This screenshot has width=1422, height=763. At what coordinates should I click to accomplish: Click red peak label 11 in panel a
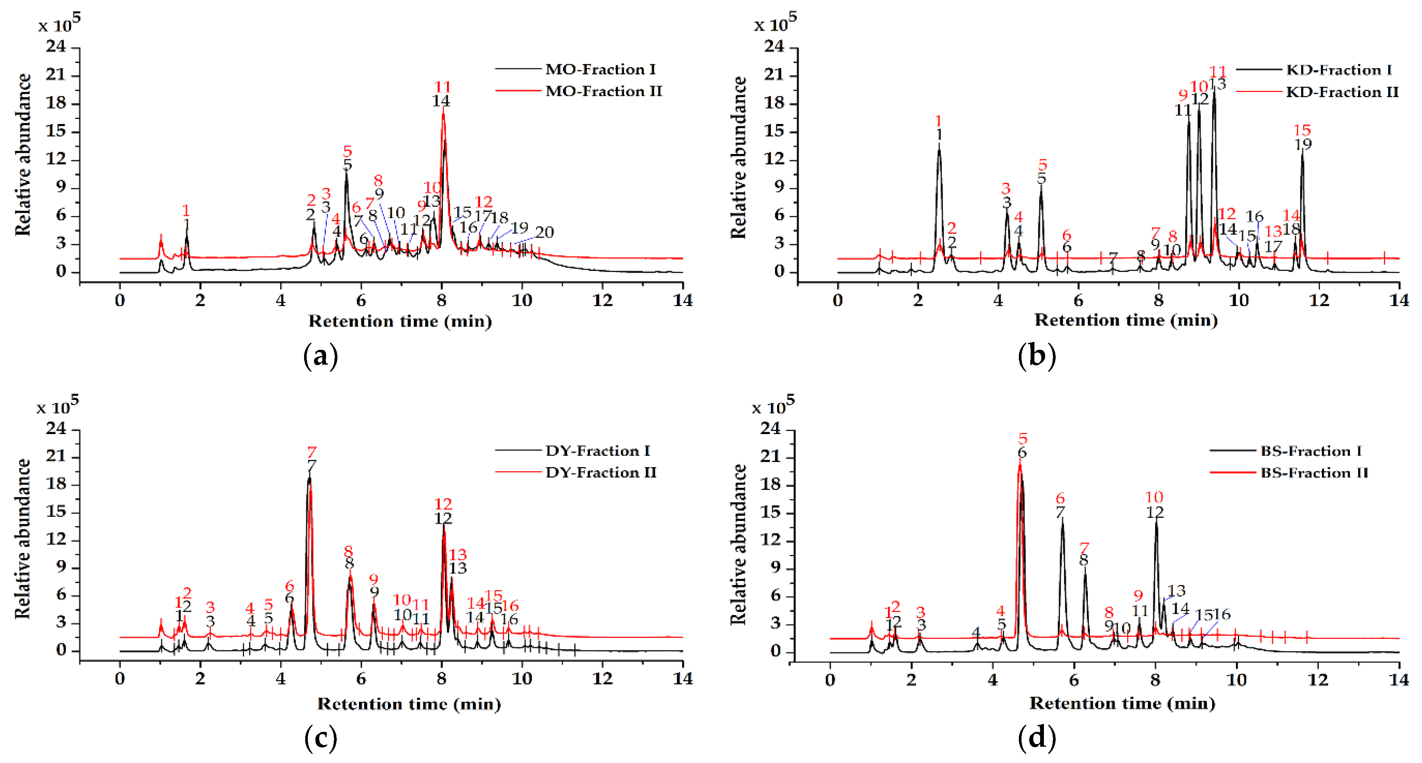[443, 87]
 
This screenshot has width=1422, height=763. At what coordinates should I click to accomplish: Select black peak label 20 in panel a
[544, 232]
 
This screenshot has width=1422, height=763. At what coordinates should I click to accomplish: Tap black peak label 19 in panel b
[1303, 145]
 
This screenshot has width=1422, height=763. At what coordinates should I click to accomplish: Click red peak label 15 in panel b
[1302, 131]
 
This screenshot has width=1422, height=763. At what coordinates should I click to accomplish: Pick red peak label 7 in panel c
[312, 452]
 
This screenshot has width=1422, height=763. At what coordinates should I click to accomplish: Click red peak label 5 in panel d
[1022, 439]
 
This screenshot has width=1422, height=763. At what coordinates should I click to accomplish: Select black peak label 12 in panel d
[1155, 513]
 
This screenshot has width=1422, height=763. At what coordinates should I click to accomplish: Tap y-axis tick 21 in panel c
[56, 456]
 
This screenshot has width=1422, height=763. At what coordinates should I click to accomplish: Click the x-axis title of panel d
[1122, 703]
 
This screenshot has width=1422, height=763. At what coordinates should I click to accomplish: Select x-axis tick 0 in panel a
[120, 300]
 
